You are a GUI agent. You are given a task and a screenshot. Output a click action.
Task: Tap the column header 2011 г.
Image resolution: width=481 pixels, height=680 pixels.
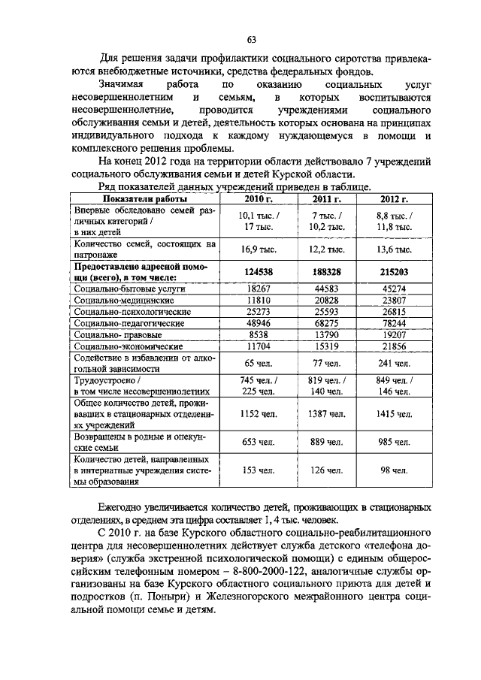point(327,198)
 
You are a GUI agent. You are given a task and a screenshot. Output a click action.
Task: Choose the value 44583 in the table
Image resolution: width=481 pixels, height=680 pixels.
point(327,289)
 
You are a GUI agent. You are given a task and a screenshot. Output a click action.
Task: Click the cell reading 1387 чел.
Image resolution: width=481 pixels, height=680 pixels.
point(327,414)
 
